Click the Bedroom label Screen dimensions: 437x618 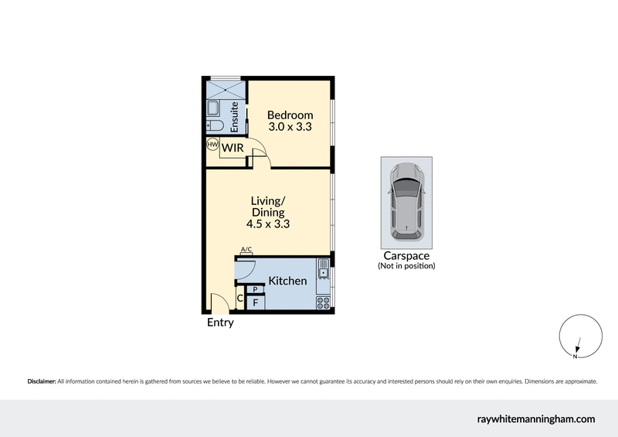point(290,115)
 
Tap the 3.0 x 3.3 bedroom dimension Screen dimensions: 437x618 point(290,128)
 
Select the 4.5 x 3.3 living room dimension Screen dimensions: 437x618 point(268,225)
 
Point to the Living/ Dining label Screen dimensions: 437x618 point(268,207)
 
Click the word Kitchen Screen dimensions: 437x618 point(287,281)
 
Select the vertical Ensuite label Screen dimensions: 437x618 point(235,115)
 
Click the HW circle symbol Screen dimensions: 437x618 point(212,145)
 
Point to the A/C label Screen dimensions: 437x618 point(246,249)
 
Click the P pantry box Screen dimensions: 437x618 point(255,289)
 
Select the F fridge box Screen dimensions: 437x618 point(255,302)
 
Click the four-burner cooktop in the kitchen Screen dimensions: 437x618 point(324,302)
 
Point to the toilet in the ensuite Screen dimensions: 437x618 point(216,126)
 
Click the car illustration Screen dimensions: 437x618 point(406,201)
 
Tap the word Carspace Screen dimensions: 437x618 point(406,256)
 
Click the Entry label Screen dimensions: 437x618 point(220,323)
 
